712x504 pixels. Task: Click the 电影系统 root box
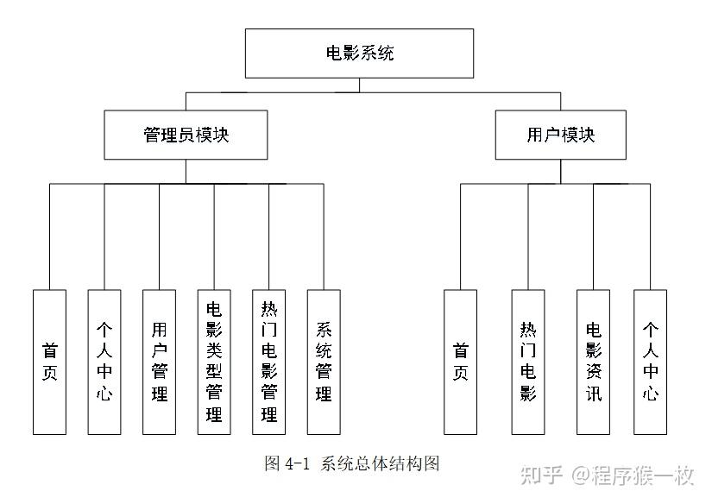359,54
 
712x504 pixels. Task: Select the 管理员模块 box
186,135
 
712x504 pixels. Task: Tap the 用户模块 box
560,135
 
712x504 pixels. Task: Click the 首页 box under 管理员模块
49,362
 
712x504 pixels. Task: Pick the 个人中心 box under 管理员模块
104,362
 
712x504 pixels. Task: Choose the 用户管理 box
159,362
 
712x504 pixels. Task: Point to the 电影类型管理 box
214,362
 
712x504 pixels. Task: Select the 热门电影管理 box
268,362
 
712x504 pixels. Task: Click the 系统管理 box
324,362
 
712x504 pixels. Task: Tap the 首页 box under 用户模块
461,362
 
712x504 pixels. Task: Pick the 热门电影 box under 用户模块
528,362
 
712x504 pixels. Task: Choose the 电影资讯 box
594,362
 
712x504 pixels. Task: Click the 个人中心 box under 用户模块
650,362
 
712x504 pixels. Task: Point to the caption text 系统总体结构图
380,463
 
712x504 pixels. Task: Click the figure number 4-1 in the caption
297,464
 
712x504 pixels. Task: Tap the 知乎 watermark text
541,476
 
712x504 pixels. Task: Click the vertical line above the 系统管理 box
324,236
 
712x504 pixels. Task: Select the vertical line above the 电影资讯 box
594,236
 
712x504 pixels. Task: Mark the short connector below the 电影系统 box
359,85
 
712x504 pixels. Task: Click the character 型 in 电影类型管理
214,371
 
